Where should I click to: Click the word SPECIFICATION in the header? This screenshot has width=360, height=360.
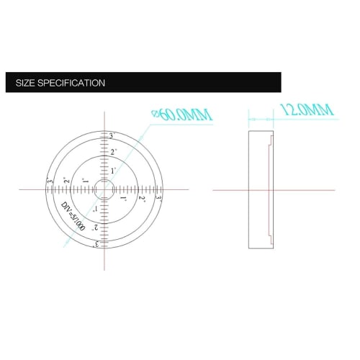(73, 83)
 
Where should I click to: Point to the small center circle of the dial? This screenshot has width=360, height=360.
(105, 189)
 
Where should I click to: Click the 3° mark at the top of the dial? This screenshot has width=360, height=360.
(111, 136)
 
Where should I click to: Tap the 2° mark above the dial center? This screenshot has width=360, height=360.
(113, 153)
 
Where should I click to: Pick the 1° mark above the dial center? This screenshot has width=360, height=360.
(113, 171)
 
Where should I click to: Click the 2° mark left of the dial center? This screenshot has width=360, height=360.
(66, 181)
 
